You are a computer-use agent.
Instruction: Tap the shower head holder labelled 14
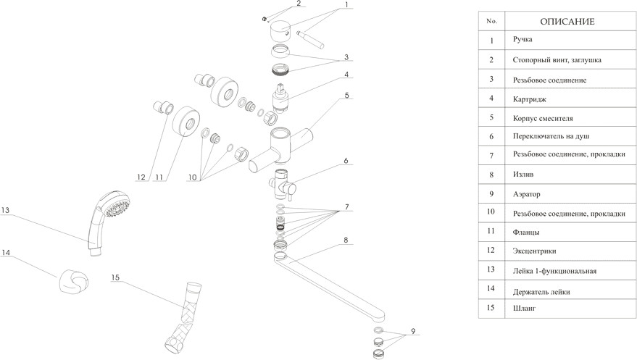pos(73,281)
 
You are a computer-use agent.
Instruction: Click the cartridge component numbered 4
pos(281,99)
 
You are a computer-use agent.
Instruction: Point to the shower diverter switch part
pos(283,185)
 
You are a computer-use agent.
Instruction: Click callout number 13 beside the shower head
pos(5,210)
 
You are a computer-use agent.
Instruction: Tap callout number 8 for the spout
pos(346,240)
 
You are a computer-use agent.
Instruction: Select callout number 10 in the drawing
pos(192,177)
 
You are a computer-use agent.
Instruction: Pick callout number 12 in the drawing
pos(141,177)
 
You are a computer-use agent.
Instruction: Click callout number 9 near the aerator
pos(413,331)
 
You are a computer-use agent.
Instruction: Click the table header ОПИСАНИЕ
pos(567,22)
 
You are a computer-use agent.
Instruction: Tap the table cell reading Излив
pos(523,175)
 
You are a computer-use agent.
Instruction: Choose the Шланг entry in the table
pos(524,308)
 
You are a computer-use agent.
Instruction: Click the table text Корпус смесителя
pos(543,119)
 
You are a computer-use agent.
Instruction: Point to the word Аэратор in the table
pos(527,194)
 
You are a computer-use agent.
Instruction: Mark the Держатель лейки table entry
pos(541,292)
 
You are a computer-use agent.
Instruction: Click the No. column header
pos(491,21)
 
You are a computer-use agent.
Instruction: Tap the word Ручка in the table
pos(522,39)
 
